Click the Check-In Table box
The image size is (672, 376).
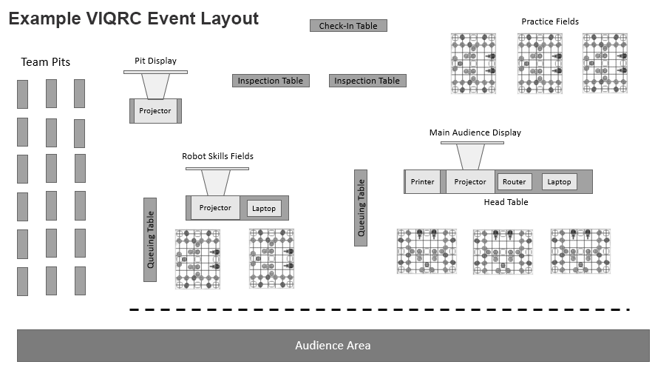point(348,26)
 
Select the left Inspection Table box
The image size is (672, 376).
point(271,81)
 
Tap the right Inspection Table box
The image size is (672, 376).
point(367,81)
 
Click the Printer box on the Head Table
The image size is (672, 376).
point(423,182)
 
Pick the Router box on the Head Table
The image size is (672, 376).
point(515,182)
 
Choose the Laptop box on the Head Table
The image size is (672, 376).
point(559,182)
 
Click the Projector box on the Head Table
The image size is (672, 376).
point(470,182)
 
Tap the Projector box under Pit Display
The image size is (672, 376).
point(155,111)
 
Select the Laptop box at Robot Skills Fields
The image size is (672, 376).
point(264,209)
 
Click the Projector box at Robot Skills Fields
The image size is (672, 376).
point(215,208)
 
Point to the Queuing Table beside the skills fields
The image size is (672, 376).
point(150,240)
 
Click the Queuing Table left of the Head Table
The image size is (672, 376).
point(361,207)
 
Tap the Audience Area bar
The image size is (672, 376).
point(333,346)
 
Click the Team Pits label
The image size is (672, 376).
point(46,62)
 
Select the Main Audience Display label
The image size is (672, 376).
point(475,132)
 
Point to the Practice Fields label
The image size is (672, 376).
point(550,21)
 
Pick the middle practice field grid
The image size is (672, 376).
point(540,63)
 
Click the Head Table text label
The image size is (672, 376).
point(506,202)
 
